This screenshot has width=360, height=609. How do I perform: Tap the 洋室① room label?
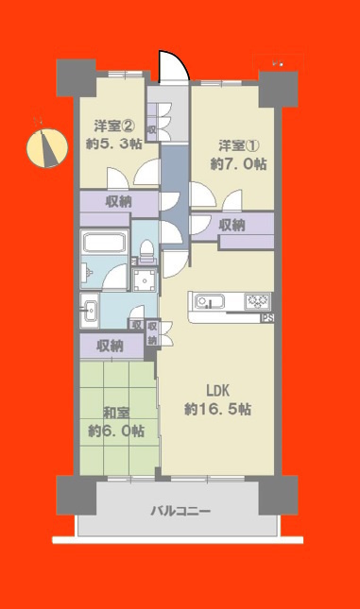click(239, 146)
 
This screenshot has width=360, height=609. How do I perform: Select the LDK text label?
click(217, 391)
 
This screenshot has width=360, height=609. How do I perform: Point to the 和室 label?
click(116, 413)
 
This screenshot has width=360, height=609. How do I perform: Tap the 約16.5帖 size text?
click(217, 410)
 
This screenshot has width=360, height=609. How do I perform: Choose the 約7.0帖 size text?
click(239, 164)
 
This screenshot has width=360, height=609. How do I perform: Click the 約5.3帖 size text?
click(114, 144)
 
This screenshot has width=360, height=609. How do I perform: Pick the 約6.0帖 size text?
click(116, 431)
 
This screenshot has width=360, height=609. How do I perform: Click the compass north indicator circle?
click(47, 148)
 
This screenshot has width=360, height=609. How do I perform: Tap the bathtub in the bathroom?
click(104, 242)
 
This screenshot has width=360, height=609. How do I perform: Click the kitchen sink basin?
click(208, 301)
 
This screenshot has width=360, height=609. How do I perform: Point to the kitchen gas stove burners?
click(257, 301)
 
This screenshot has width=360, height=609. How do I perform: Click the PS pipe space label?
click(267, 318)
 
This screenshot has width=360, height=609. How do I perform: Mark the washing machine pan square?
click(145, 280)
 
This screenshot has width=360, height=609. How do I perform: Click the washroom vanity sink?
click(91, 311)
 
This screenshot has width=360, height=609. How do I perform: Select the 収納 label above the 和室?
click(110, 346)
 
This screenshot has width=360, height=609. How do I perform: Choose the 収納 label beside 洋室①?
click(232, 225)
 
